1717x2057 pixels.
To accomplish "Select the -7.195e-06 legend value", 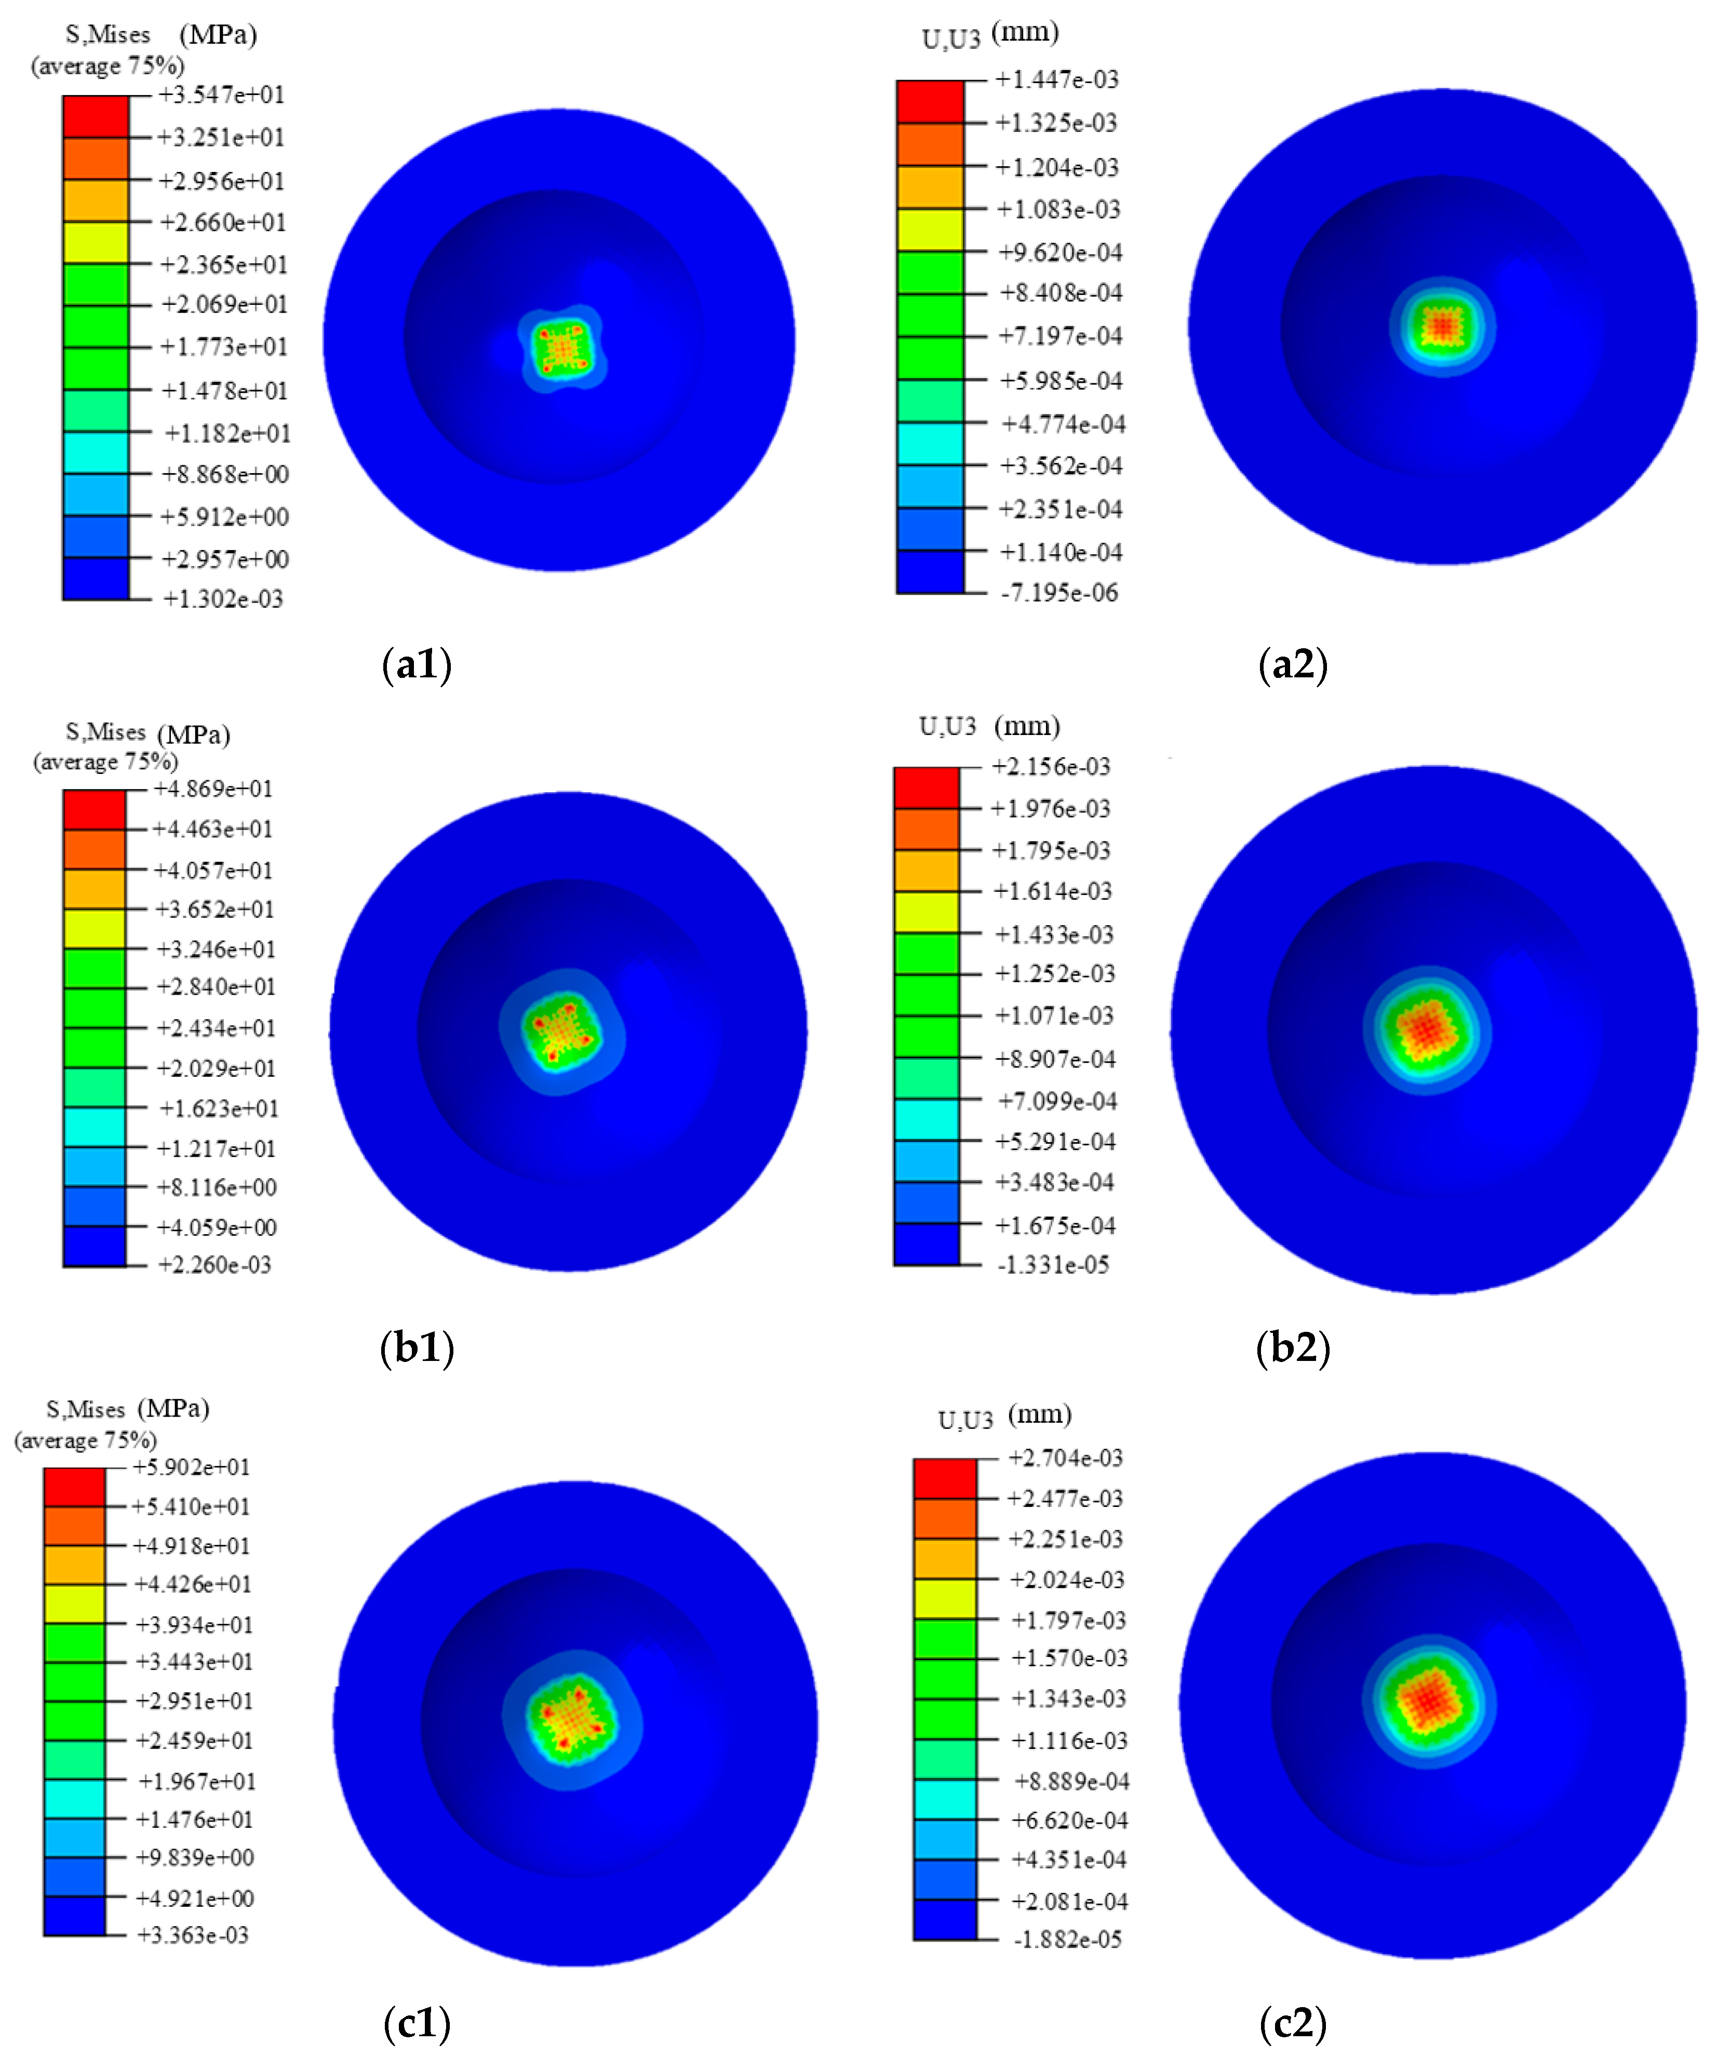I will [x=1059, y=593].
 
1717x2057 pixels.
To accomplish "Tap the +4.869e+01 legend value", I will [x=213, y=789].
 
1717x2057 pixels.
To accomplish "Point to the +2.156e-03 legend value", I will [x=1051, y=766].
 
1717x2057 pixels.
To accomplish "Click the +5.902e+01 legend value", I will [x=192, y=1466].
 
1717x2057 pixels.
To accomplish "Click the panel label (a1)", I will [x=417, y=664].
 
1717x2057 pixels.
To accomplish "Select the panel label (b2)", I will [x=1293, y=1348].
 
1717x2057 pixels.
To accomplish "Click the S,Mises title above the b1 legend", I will [x=106, y=732].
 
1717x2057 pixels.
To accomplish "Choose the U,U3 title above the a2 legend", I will [x=950, y=39].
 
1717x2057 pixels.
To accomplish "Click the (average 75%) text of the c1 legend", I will [x=85, y=1440].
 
